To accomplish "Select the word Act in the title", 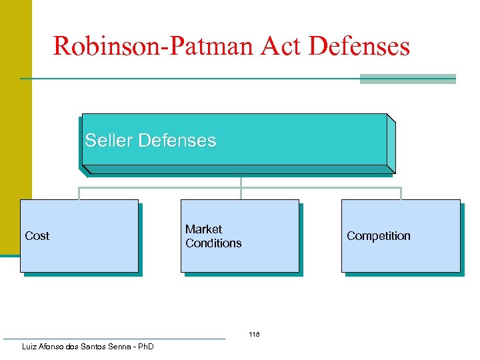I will [278, 46].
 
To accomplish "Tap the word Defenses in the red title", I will [359, 46].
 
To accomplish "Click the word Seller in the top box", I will [109, 141].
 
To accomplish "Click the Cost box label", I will [37, 236].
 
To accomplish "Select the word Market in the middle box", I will [203, 229].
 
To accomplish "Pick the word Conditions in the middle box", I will [213, 243].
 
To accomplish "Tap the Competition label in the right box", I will [378, 236].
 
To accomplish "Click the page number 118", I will [253, 334].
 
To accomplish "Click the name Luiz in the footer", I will [31, 347].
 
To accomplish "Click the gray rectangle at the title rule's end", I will [407, 79].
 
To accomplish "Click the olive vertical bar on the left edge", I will [15, 127].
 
